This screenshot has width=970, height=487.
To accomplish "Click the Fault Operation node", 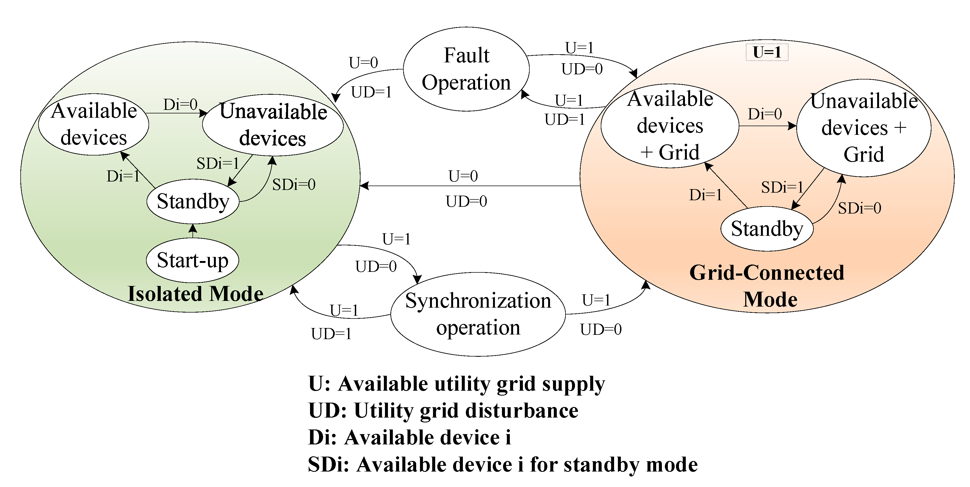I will [x=466, y=69].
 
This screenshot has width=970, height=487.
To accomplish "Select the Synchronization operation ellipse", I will [x=478, y=314].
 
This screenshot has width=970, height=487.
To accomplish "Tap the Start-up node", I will [x=192, y=260].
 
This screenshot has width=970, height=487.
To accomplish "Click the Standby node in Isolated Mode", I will [x=193, y=201].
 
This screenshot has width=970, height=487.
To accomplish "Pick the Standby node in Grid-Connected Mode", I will [x=767, y=229].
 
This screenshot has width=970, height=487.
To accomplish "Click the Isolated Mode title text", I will [x=195, y=294].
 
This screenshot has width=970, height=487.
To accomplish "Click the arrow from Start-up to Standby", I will [x=193, y=231].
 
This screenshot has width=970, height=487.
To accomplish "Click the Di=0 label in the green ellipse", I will [x=180, y=105].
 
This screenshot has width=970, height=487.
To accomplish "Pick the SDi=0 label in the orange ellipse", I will [x=859, y=208].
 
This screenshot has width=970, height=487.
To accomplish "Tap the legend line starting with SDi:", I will [x=503, y=464].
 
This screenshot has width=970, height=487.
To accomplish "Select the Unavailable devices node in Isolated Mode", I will [x=273, y=125].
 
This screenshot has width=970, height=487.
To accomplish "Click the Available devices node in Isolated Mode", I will [x=94, y=124].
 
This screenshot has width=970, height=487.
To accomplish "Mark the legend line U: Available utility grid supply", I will [x=456, y=384].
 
